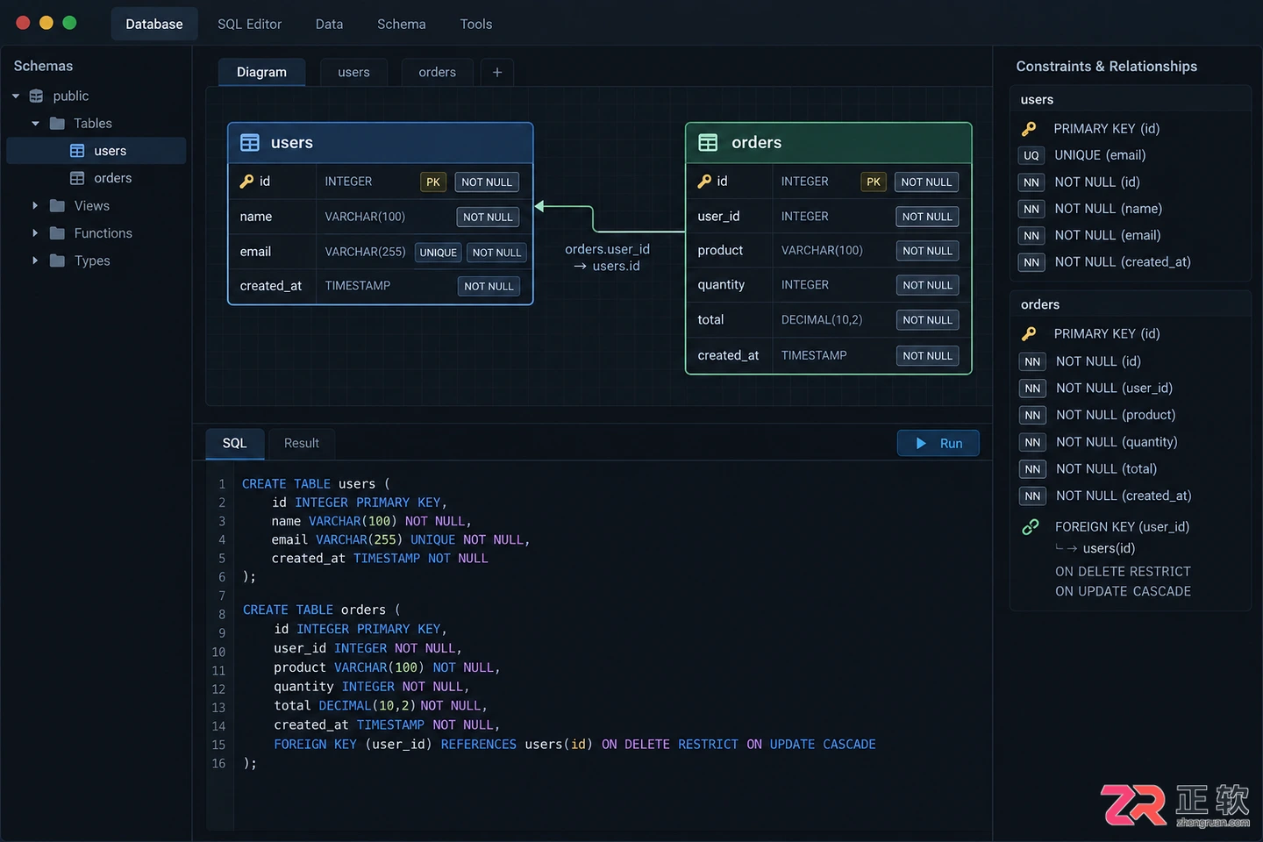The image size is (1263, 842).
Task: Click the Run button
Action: pyautogui.click(x=938, y=443)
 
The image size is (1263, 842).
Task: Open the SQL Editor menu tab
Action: pyautogui.click(x=249, y=25)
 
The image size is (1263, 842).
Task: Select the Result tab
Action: pyautogui.click(x=301, y=443)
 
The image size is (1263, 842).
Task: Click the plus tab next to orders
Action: pyautogui.click(x=496, y=72)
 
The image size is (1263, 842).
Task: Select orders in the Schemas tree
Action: pyautogui.click(x=112, y=178)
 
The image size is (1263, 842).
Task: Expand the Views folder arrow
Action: pyautogui.click(x=35, y=206)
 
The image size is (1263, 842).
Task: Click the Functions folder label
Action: pyautogui.click(x=103, y=233)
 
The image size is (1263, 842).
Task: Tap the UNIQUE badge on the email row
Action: pyautogui.click(x=439, y=253)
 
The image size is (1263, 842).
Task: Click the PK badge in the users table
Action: pyautogui.click(x=433, y=182)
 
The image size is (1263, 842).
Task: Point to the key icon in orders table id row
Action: pyautogui.click(x=704, y=181)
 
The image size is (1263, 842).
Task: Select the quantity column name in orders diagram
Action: pyautogui.click(x=721, y=285)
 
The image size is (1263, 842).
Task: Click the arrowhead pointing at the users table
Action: pyautogui.click(x=539, y=206)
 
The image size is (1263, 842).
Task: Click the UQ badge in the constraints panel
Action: pyautogui.click(x=1031, y=155)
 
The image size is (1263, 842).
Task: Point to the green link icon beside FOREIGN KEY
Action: pyautogui.click(x=1030, y=527)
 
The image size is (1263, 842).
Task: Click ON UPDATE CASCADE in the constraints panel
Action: pyautogui.click(x=1123, y=591)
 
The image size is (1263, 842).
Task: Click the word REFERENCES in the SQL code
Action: pyautogui.click(x=478, y=745)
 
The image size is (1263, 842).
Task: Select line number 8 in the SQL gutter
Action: pyautogui.click(x=222, y=614)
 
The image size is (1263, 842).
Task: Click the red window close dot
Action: pyautogui.click(x=23, y=23)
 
